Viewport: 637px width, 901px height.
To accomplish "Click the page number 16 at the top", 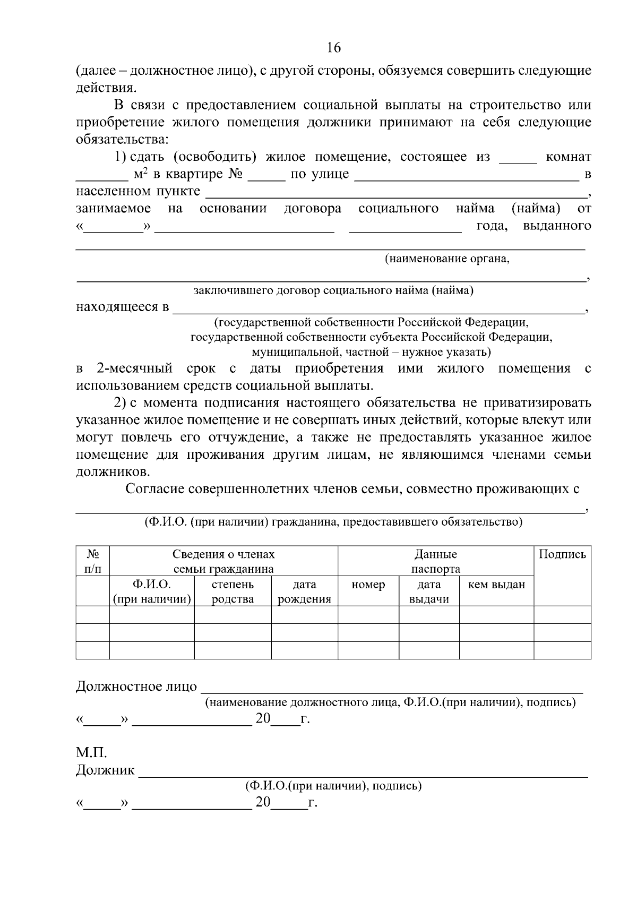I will point(333,48).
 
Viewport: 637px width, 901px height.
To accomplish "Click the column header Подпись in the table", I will point(562,555).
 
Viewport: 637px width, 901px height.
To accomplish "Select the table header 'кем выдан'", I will point(496,585).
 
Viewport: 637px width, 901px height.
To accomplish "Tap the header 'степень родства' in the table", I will point(233,592).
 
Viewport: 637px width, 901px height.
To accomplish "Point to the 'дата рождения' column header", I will point(304,592).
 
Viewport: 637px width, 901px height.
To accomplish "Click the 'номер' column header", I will point(368,585).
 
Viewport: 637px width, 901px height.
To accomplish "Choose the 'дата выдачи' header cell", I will point(429,592).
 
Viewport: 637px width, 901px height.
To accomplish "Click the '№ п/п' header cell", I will point(93,562).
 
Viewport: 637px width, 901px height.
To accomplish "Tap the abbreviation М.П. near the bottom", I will point(91,752).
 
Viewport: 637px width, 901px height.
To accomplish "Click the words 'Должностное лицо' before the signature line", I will point(136,687).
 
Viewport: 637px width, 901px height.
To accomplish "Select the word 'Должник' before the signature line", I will point(105,770).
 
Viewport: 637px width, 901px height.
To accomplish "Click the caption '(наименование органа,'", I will point(447,259).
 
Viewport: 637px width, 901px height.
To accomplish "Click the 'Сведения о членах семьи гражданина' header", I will point(223,562).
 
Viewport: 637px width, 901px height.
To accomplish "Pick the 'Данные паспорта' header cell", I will point(435,562).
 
